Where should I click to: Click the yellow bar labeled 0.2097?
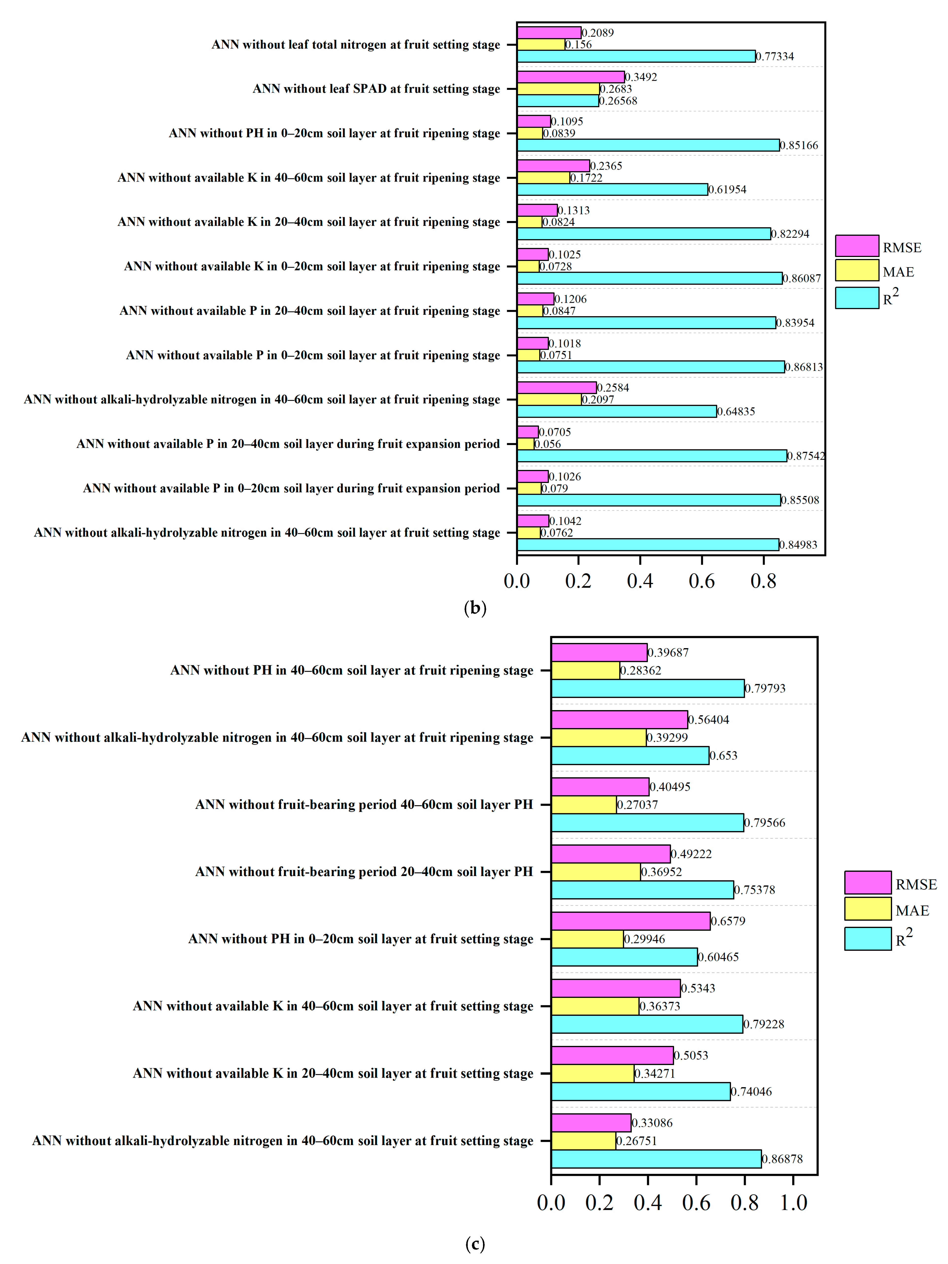549,400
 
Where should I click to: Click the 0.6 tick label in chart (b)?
701,581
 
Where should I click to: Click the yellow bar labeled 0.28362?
585,670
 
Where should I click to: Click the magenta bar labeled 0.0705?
527,432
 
